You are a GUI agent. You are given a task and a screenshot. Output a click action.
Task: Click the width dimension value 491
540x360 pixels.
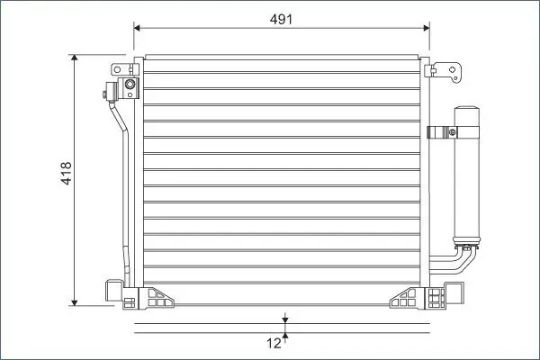(x=281, y=19)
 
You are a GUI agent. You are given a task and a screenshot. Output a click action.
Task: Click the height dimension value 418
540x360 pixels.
(x=66, y=173)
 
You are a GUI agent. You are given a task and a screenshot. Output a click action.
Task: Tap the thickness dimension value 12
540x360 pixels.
(x=274, y=343)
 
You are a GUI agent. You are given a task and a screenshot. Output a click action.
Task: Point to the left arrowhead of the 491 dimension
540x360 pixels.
(x=137, y=28)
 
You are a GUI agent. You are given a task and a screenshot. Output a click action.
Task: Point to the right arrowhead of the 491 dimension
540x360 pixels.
(x=427, y=28)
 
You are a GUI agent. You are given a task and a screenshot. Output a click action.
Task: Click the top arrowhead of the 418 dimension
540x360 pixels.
(x=75, y=58)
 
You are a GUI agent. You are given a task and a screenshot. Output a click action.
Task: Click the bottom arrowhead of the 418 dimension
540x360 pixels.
(x=75, y=302)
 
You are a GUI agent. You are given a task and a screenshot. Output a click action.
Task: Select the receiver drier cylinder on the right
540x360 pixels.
(x=466, y=175)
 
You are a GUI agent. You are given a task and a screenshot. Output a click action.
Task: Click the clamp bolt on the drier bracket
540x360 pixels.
(x=452, y=132)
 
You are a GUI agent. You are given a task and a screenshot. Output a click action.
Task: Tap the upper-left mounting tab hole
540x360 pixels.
(x=117, y=69)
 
